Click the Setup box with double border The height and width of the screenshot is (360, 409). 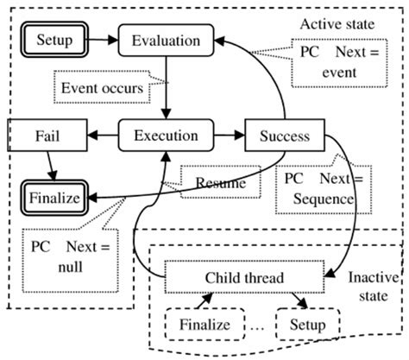pyautogui.click(x=54, y=40)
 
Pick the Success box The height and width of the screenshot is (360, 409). pyautogui.click(x=285, y=136)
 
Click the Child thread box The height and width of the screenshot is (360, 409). pyautogui.click(x=244, y=278)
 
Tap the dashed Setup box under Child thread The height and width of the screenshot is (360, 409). pyautogui.click(x=309, y=325)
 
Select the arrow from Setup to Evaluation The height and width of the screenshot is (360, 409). pyautogui.click(x=103, y=40)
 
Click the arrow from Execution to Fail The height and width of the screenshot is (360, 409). pyautogui.click(x=101, y=136)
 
